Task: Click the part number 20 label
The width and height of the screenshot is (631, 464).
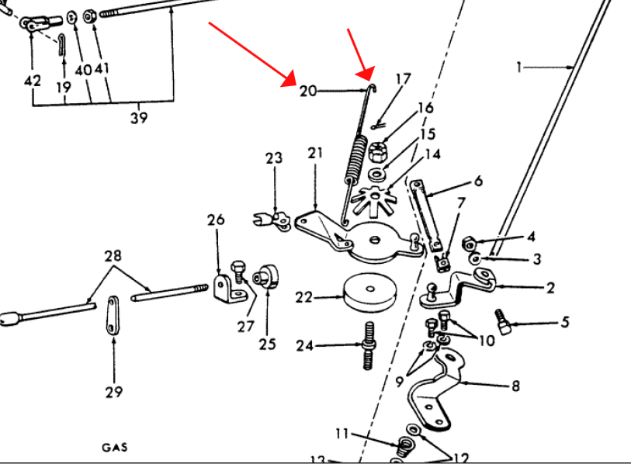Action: tap(308, 91)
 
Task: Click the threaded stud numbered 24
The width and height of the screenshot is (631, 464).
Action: tap(368, 346)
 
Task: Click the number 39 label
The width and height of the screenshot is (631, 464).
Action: tap(139, 117)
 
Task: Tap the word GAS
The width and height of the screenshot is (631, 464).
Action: tap(114, 447)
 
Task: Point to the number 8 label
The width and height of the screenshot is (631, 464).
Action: tap(515, 385)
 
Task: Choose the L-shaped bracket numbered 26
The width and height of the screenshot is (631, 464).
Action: tap(225, 288)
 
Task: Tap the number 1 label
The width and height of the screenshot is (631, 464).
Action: tap(519, 67)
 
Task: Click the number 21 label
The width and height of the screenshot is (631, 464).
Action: tap(314, 153)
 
